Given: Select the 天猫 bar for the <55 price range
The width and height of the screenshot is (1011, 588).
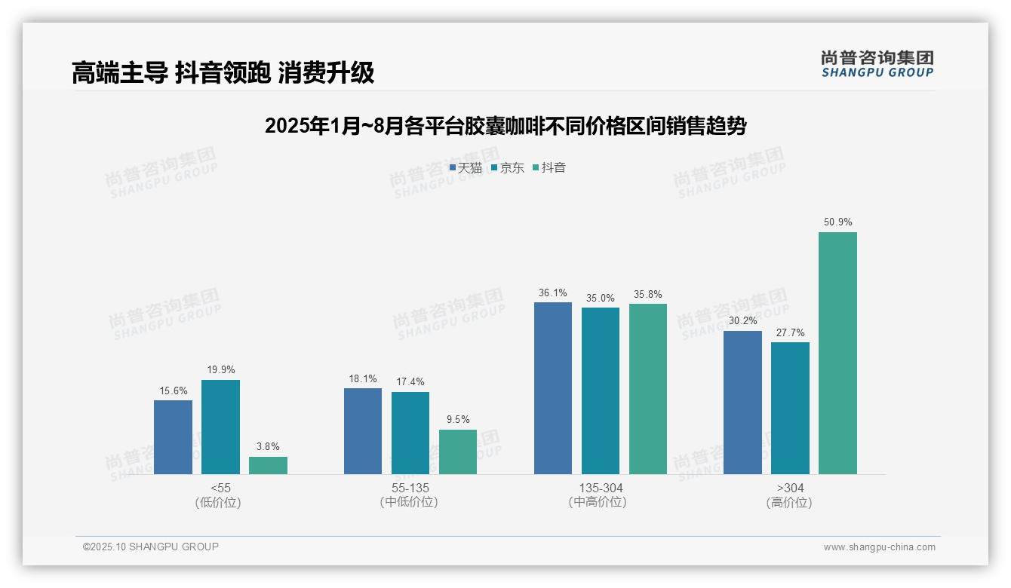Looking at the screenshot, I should point(173,437).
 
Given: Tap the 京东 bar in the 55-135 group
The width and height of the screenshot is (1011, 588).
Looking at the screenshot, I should point(410,433).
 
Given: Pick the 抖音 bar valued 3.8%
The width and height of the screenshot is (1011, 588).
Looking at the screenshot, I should point(268,465).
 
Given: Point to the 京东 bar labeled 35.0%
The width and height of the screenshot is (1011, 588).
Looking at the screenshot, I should point(600,390).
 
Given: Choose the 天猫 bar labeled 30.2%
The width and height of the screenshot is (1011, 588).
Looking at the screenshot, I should point(742,403).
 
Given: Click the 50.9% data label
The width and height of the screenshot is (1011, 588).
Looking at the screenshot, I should point(837,222).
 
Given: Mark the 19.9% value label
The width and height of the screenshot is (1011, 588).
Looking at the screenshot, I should point(220,370).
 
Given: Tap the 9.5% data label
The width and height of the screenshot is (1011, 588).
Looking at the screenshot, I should point(458,420).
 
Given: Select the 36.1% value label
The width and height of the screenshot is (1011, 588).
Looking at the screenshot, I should point(553,293).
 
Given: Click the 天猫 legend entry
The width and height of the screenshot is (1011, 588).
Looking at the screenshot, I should point(466,167).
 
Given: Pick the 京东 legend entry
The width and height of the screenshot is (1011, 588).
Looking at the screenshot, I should point(507,167).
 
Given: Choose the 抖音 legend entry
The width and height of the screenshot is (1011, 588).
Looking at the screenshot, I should point(549,167).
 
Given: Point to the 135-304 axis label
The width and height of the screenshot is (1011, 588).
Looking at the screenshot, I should point(601,488).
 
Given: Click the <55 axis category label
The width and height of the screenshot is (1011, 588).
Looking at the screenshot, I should point(220,488).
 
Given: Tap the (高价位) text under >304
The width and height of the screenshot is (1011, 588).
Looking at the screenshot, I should point(789,503).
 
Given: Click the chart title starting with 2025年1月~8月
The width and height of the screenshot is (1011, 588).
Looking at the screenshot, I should point(505,126).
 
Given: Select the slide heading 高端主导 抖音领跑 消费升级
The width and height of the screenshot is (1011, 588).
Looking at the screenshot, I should point(223,73).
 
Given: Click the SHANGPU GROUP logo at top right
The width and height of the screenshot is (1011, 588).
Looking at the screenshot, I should point(877,64).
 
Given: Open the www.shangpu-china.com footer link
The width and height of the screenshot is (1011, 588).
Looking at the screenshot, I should point(879,547).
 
